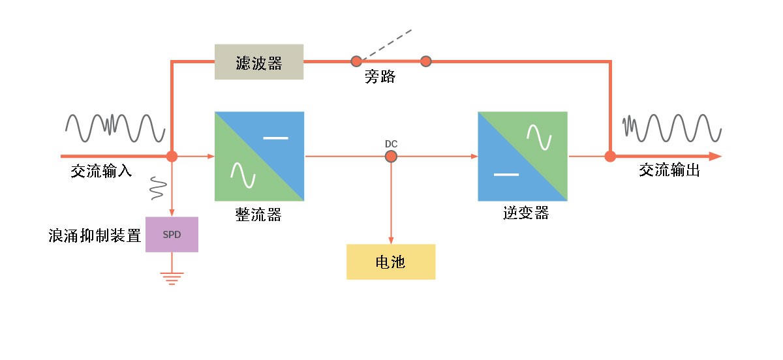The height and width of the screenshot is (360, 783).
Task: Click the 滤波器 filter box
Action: click(x=259, y=62)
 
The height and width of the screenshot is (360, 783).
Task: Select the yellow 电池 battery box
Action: click(x=390, y=262)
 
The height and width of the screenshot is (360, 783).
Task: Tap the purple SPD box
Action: click(x=172, y=234)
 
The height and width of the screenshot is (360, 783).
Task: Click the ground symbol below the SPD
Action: click(x=172, y=278)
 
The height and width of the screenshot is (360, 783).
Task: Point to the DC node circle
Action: click(x=391, y=156)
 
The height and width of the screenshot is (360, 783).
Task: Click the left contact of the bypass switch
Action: click(x=356, y=61)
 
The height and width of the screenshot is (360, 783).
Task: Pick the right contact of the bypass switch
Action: click(x=426, y=61)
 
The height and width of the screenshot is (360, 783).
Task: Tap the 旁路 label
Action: click(x=380, y=78)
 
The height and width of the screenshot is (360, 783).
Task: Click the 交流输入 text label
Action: click(x=102, y=172)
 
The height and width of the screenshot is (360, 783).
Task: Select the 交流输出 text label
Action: click(x=669, y=170)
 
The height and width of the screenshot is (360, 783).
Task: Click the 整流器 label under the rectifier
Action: click(x=258, y=215)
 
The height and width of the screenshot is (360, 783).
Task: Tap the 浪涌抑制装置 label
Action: click(x=95, y=235)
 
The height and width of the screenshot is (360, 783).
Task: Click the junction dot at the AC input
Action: click(x=172, y=157)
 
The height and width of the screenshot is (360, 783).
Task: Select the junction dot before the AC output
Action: click(x=610, y=157)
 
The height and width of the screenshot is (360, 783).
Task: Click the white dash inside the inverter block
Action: click(x=506, y=174)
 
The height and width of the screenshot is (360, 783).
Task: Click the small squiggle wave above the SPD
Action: click(x=157, y=187)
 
